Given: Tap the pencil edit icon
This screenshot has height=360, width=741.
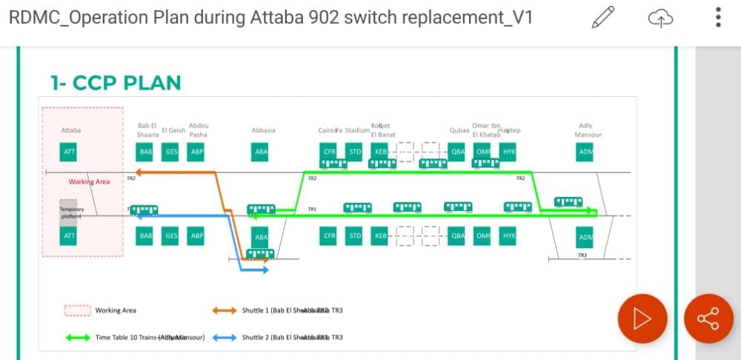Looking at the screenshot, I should tap(603, 18).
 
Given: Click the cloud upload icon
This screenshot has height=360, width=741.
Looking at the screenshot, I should tap(659, 18).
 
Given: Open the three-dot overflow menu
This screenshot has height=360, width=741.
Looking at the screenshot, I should tap(718, 18).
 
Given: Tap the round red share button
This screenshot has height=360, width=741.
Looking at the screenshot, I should tap(708, 319).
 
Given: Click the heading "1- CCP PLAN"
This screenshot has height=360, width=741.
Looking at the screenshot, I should tap(116, 82).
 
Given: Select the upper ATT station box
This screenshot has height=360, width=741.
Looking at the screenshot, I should tap(70, 153).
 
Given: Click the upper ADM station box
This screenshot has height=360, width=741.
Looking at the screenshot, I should tap(585, 153).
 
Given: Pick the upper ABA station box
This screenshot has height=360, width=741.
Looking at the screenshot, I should tap(261, 153).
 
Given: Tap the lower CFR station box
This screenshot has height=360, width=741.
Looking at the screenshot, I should tap(330, 236).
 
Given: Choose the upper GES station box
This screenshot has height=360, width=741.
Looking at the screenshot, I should tap(171, 153).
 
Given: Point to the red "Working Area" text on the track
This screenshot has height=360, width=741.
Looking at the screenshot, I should tap(90, 181).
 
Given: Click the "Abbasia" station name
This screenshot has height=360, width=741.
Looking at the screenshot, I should tap(263, 130).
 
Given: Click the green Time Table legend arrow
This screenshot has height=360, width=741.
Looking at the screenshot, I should tap(78, 338).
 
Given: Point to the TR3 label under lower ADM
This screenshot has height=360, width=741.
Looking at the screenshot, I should tap(582, 256).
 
